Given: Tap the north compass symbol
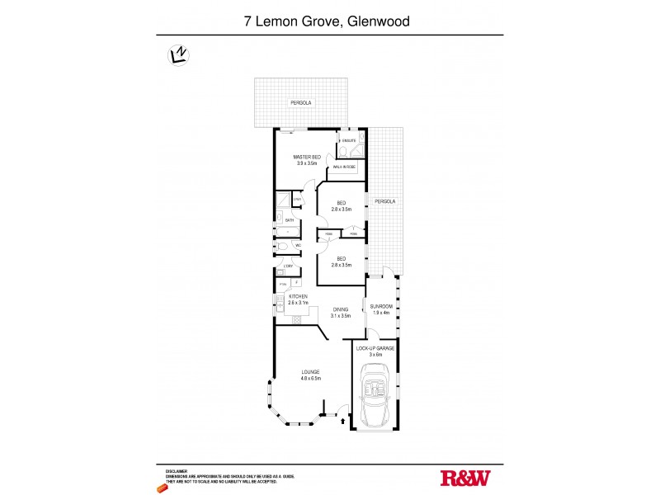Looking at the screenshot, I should pyautogui.click(x=176, y=55).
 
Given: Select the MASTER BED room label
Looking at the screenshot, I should pyautogui.click(x=308, y=157).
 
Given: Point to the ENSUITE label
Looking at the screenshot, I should pyautogui.click(x=349, y=141).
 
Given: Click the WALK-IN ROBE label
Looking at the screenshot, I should pyautogui.click(x=344, y=167).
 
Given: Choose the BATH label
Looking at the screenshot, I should pyautogui.click(x=290, y=220).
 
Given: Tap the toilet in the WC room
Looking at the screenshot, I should pyautogui.click(x=283, y=247).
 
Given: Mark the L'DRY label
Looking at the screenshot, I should pyautogui.click(x=288, y=266).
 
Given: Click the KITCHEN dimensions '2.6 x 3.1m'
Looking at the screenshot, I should pyautogui.click(x=298, y=303).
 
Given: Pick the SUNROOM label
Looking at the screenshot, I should pyautogui.click(x=380, y=306).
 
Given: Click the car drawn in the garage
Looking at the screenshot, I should pyautogui.click(x=376, y=398).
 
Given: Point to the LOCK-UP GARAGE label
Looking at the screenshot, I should pyautogui.click(x=375, y=349).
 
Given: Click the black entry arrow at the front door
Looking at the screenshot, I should pyautogui.click(x=342, y=422).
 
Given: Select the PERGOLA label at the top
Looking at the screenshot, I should pyautogui.click(x=298, y=102).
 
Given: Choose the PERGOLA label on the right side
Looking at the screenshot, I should pyautogui.click(x=384, y=201).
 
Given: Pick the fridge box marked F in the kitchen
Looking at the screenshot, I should pyautogui.click(x=295, y=284).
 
